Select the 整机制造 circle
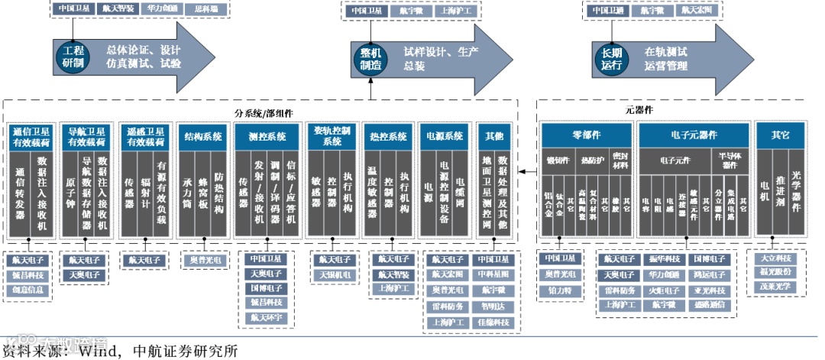coord(370,58)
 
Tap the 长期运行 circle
coord(612,58)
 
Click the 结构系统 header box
coord(203,137)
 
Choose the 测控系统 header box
coord(267,137)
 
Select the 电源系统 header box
coord(445,137)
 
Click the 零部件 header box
coord(586,135)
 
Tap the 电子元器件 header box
coord(693,135)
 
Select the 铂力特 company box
coord(561,290)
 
